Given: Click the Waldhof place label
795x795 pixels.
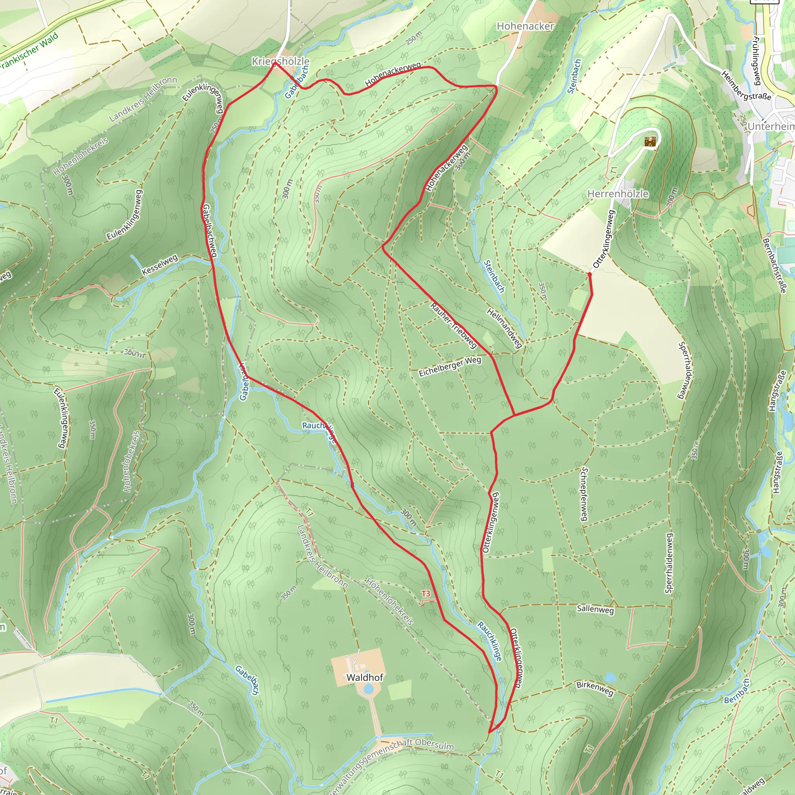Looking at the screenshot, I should [x=365, y=677].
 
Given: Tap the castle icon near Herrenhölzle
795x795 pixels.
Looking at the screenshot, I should [x=650, y=142].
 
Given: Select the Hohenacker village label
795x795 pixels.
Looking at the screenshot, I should [x=525, y=26].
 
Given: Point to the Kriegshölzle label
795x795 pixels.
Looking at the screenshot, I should [x=281, y=61].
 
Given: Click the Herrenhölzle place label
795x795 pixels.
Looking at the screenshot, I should [x=618, y=194].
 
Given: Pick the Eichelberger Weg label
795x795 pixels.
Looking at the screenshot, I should [x=450, y=366].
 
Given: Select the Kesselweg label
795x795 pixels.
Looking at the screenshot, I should [x=160, y=265].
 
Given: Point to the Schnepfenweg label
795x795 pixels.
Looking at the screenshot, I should [x=584, y=494].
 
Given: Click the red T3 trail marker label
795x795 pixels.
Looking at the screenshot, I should [x=425, y=594].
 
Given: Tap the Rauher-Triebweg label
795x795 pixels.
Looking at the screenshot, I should [x=453, y=325].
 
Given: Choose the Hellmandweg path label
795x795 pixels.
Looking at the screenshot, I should [x=505, y=328].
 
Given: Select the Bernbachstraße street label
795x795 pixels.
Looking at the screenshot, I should [x=774, y=266].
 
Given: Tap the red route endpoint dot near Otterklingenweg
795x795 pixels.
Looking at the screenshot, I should [x=590, y=274].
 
